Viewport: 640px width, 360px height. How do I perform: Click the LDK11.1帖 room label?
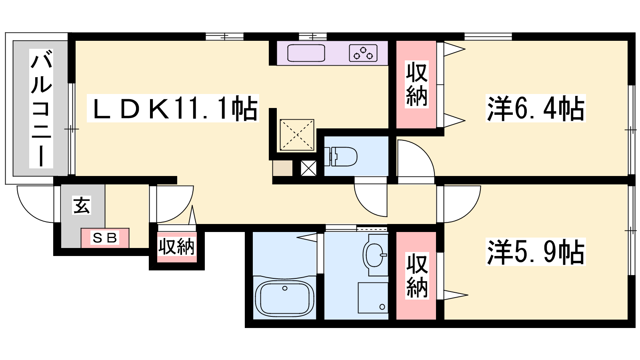coord(173,108)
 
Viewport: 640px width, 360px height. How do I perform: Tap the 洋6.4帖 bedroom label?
coord(536,108)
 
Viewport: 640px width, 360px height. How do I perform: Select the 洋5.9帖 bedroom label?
coord(536,252)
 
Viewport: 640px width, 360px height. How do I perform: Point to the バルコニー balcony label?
coord(41,108)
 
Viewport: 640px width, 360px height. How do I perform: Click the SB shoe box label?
coord(105,238)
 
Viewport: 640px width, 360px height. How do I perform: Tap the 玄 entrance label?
coord(82,205)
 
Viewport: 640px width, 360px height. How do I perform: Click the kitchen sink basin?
coord(306,53)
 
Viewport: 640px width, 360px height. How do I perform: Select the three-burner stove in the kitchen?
coord(363,53)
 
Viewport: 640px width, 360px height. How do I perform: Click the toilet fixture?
coord(341,156)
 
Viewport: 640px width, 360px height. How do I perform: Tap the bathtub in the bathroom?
coord(284,298)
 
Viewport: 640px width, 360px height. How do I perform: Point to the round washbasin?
coord(375,255)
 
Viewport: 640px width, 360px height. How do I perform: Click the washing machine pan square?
coord(373,298)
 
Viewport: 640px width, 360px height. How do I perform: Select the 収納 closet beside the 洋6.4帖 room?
coord(416,84)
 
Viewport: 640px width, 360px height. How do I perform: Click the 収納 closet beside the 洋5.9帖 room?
coord(416,276)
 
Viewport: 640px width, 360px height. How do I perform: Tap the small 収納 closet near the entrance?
coord(177,246)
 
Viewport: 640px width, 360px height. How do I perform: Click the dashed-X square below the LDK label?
coord(297,135)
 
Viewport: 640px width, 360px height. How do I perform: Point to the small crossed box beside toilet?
coord(308,168)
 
